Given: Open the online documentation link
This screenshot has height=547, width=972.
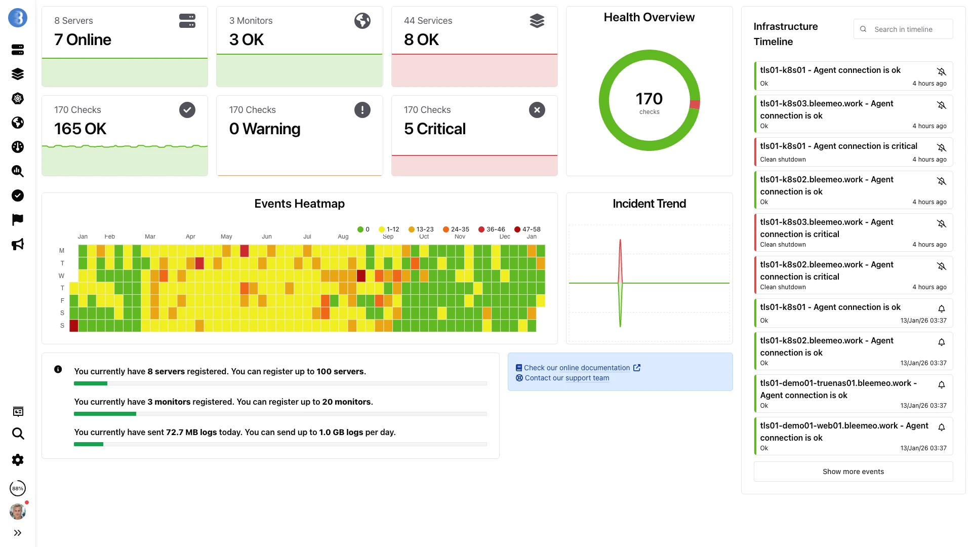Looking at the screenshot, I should [577, 368].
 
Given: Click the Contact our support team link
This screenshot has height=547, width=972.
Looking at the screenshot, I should [566, 378].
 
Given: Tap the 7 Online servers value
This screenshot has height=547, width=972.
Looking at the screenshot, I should [83, 40].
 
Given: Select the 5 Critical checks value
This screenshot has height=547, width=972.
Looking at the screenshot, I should [434, 129].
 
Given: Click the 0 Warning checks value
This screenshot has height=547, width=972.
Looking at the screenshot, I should [264, 129].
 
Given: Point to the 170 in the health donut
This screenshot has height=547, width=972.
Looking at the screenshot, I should [649, 98].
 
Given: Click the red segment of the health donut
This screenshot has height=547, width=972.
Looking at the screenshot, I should [695, 104].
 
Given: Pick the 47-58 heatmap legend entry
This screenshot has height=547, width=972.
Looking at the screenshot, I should [528, 229].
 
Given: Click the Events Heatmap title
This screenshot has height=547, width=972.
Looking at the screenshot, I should [299, 204].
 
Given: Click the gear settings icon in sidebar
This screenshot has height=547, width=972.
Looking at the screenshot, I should [18, 460].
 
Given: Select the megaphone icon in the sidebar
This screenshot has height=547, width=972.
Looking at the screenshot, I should [18, 244].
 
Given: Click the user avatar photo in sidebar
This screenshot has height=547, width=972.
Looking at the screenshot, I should [18, 512].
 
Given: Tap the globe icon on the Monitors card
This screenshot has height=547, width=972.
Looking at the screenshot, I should [362, 21].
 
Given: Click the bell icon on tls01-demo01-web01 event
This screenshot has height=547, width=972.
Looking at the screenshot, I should [941, 427].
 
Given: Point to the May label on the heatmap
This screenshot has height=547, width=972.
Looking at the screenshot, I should [226, 237].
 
